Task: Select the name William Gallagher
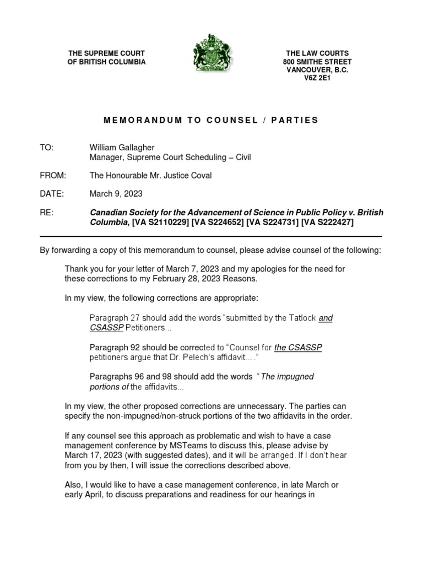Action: tap(122, 148)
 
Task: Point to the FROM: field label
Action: tap(52, 175)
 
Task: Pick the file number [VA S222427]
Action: tap(327, 222)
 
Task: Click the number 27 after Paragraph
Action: tap(135, 318)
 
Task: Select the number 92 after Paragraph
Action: tap(135, 348)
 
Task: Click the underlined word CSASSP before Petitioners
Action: tap(106, 328)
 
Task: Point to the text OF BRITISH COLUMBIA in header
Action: tap(106, 62)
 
